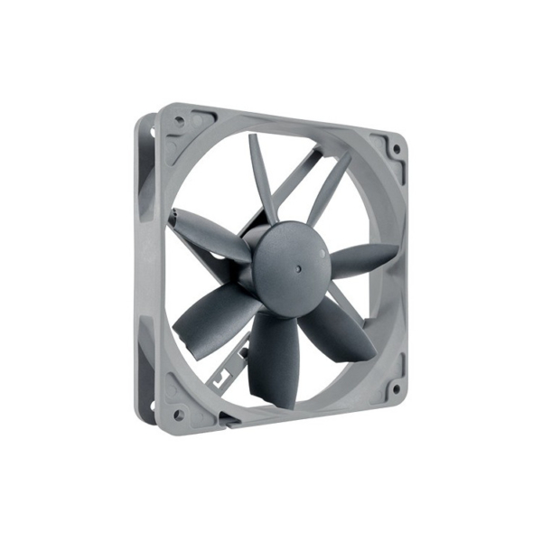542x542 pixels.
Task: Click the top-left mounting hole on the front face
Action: (178, 119)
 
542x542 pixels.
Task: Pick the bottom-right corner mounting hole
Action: (395, 390)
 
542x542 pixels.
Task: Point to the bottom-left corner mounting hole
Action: (178, 415)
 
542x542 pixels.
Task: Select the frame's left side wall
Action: (145, 271)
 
